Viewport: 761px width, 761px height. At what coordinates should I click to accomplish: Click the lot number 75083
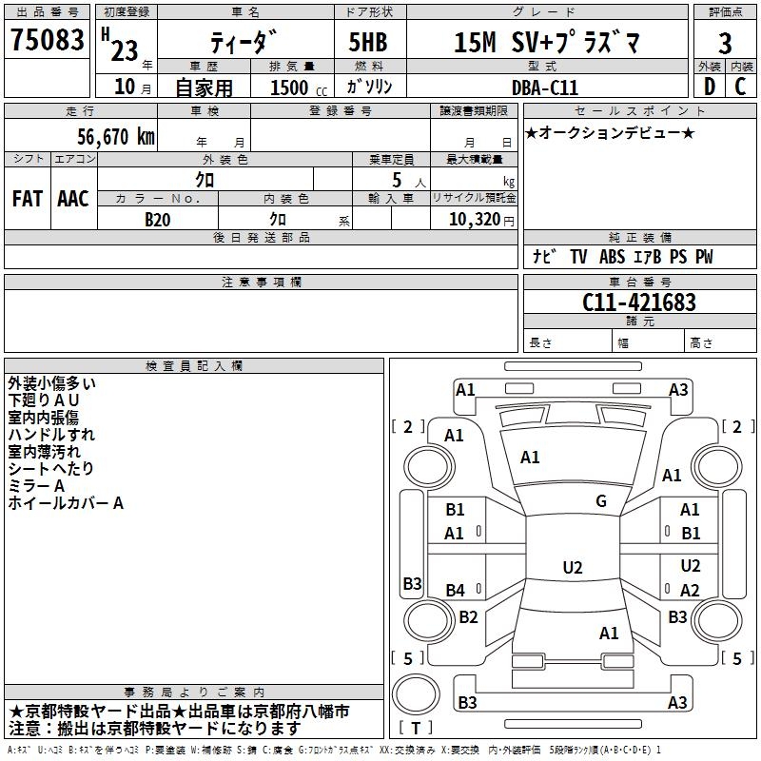(x=48, y=41)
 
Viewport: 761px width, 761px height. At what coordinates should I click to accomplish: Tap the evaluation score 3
(x=725, y=43)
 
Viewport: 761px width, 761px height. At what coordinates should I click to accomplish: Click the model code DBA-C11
(x=551, y=87)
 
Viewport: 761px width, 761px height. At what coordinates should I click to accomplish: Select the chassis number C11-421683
(x=638, y=302)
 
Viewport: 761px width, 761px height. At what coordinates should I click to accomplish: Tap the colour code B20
(x=158, y=220)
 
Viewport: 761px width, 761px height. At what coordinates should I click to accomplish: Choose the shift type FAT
(x=28, y=199)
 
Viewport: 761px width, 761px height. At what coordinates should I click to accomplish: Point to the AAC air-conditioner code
(x=73, y=199)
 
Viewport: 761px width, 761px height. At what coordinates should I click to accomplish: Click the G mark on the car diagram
(x=600, y=501)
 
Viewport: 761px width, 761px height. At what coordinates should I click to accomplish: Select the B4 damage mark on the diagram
(x=456, y=591)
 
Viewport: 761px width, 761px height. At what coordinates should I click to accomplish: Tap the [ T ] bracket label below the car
(x=417, y=729)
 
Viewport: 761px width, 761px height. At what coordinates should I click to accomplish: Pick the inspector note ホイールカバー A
(x=66, y=503)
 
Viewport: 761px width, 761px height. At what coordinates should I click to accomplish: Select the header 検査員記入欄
(x=194, y=366)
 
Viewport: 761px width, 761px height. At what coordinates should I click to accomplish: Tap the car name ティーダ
(x=244, y=43)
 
